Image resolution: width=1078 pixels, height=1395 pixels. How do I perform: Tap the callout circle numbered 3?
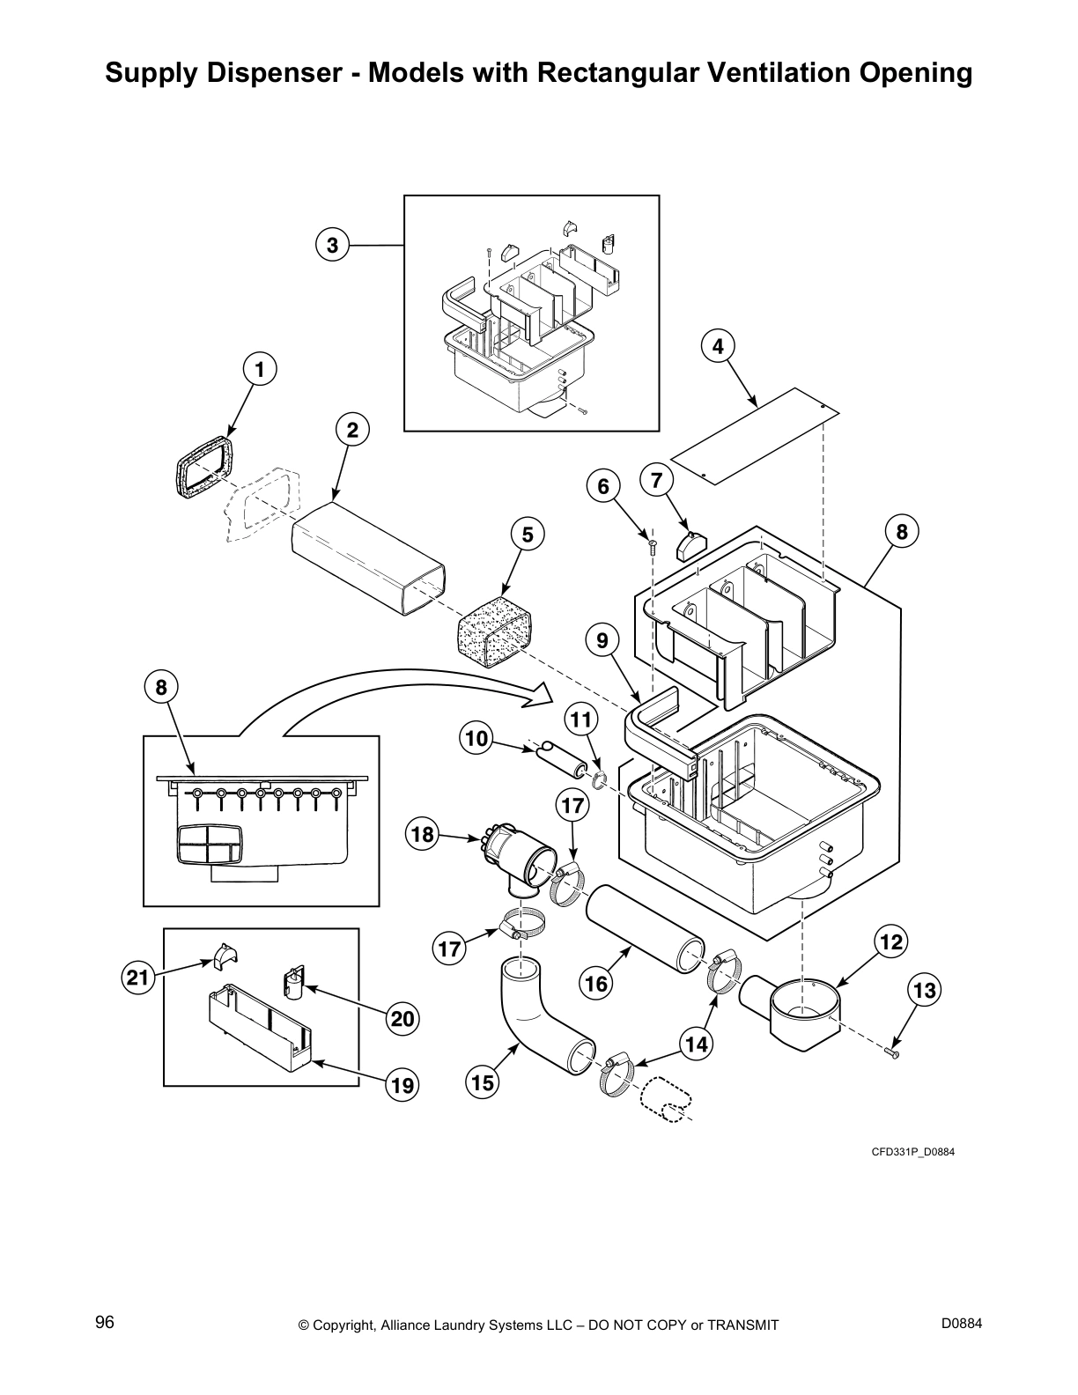pos(332,245)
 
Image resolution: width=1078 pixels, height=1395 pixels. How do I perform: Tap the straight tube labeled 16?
pos(646,944)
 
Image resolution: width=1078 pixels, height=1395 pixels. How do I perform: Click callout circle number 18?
pos(423,834)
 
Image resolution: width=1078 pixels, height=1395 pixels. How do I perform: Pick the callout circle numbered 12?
pos(890,942)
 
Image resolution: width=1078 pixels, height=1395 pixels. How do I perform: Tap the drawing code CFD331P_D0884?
pos(912,1152)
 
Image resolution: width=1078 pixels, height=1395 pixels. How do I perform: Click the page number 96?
pos(104,1322)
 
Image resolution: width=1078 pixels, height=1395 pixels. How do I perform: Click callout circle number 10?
pos(476,738)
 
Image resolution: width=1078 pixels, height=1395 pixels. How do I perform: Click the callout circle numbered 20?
pos(402,1019)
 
